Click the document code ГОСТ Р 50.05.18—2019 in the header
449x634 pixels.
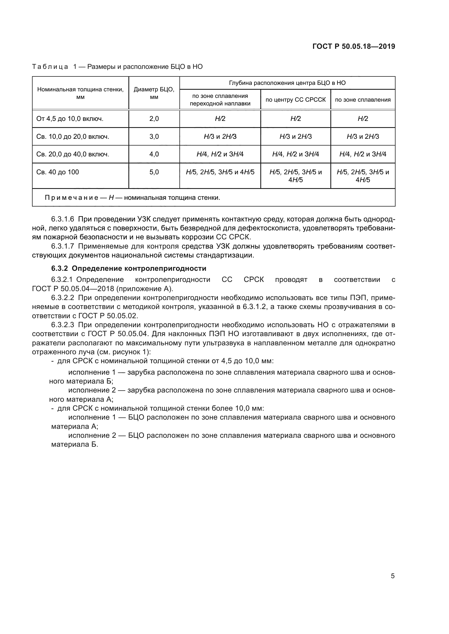(354, 46)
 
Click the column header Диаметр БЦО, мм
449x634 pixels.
(154, 93)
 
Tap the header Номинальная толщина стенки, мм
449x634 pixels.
(80, 93)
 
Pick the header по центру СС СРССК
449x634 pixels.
(296, 100)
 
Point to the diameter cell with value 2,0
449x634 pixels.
(154, 119)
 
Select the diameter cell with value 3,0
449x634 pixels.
(154, 136)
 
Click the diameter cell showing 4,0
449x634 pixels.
(154, 154)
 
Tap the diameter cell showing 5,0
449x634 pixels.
(154, 172)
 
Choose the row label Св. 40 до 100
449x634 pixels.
(58, 172)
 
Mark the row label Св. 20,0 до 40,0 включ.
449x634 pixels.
(73, 154)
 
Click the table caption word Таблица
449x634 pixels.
(50, 67)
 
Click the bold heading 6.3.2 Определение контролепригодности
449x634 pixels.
(129, 268)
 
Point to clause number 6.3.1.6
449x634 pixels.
(63, 219)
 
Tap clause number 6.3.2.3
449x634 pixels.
(63, 325)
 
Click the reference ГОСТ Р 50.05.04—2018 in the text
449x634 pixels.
(73, 289)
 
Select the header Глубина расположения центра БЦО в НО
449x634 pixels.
(287, 83)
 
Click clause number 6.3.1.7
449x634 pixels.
(63, 246)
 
